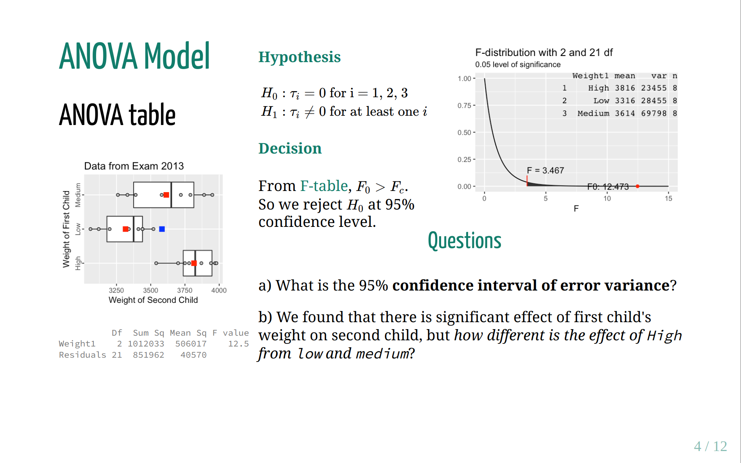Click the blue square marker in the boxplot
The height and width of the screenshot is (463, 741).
click(x=162, y=229)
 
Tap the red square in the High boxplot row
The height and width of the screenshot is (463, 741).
click(x=194, y=263)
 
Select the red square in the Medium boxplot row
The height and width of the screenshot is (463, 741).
click(x=166, y=195)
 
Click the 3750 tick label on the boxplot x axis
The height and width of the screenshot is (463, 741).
click(x=185, y=291)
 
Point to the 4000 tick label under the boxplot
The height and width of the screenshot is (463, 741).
click(x=219, y=291)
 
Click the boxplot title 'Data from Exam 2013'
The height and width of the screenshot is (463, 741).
click(x=134, y=166)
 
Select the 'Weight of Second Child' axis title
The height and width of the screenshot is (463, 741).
click(x=153, y=300)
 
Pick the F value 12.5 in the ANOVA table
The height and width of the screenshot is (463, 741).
click(x=239, y=344)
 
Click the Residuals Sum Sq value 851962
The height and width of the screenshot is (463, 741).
click(x=149, y=355)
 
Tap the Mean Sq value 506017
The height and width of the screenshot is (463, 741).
click(x=191, y=344)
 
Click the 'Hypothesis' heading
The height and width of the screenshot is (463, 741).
click(x=299, y=57)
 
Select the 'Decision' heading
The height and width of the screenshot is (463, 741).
click(x=290, y=149)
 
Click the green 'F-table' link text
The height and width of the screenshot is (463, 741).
click(x=324, y=186)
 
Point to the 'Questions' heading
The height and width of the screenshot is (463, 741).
click(x=465, y=241)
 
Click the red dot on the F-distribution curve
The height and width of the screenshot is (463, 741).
click(x=638, y=186)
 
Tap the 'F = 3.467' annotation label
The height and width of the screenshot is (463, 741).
click(x=545, y=171)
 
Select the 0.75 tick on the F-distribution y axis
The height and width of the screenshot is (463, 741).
click(x=464, y=106)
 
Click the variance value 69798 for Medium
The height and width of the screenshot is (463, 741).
click(x=654, y=113)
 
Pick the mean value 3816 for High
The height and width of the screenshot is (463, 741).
click(x=625, y=88)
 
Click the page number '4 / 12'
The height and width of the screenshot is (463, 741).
click(x=710, y=446)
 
